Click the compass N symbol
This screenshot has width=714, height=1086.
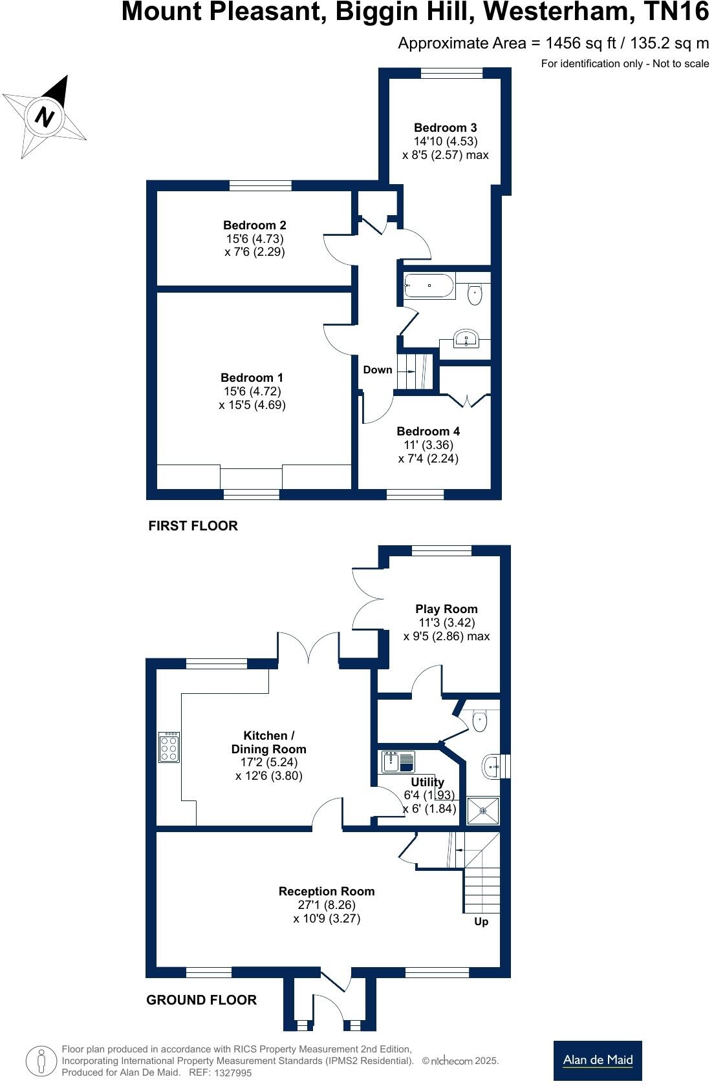tap(44, 117)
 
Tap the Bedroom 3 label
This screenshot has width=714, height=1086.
tap(445, 127)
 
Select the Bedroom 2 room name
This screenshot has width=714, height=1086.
tap(254, 225)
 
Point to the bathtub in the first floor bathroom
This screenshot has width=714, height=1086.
tap(429, 286)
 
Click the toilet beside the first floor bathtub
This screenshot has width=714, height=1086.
tap(475, 294)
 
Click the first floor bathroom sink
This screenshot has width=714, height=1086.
tap(466, 338)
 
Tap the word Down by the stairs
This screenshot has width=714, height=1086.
tap(377, 370)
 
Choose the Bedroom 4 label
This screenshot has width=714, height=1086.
tap(428, 431)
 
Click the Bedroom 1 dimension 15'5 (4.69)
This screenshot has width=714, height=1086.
tap(252, 405)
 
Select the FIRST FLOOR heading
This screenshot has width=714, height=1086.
tap(193, 526)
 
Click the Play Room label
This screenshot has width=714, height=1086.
tap(446, 609)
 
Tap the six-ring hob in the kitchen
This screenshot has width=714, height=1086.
tap(169, 747)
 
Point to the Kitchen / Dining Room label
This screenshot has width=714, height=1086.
tap(268, 742)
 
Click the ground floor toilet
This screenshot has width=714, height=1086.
tap(479, 721)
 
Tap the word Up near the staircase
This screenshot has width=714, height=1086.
tap(481, 921)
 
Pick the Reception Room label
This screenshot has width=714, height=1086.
tap(327, 891)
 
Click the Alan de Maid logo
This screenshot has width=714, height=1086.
tap(598, 1060)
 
